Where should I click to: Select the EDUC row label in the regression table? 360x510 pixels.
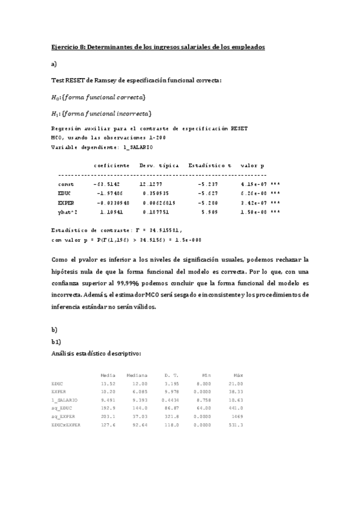click(66, 193)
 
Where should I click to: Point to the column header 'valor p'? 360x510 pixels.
click(252, 165)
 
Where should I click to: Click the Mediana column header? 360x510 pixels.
click(137, 375)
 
